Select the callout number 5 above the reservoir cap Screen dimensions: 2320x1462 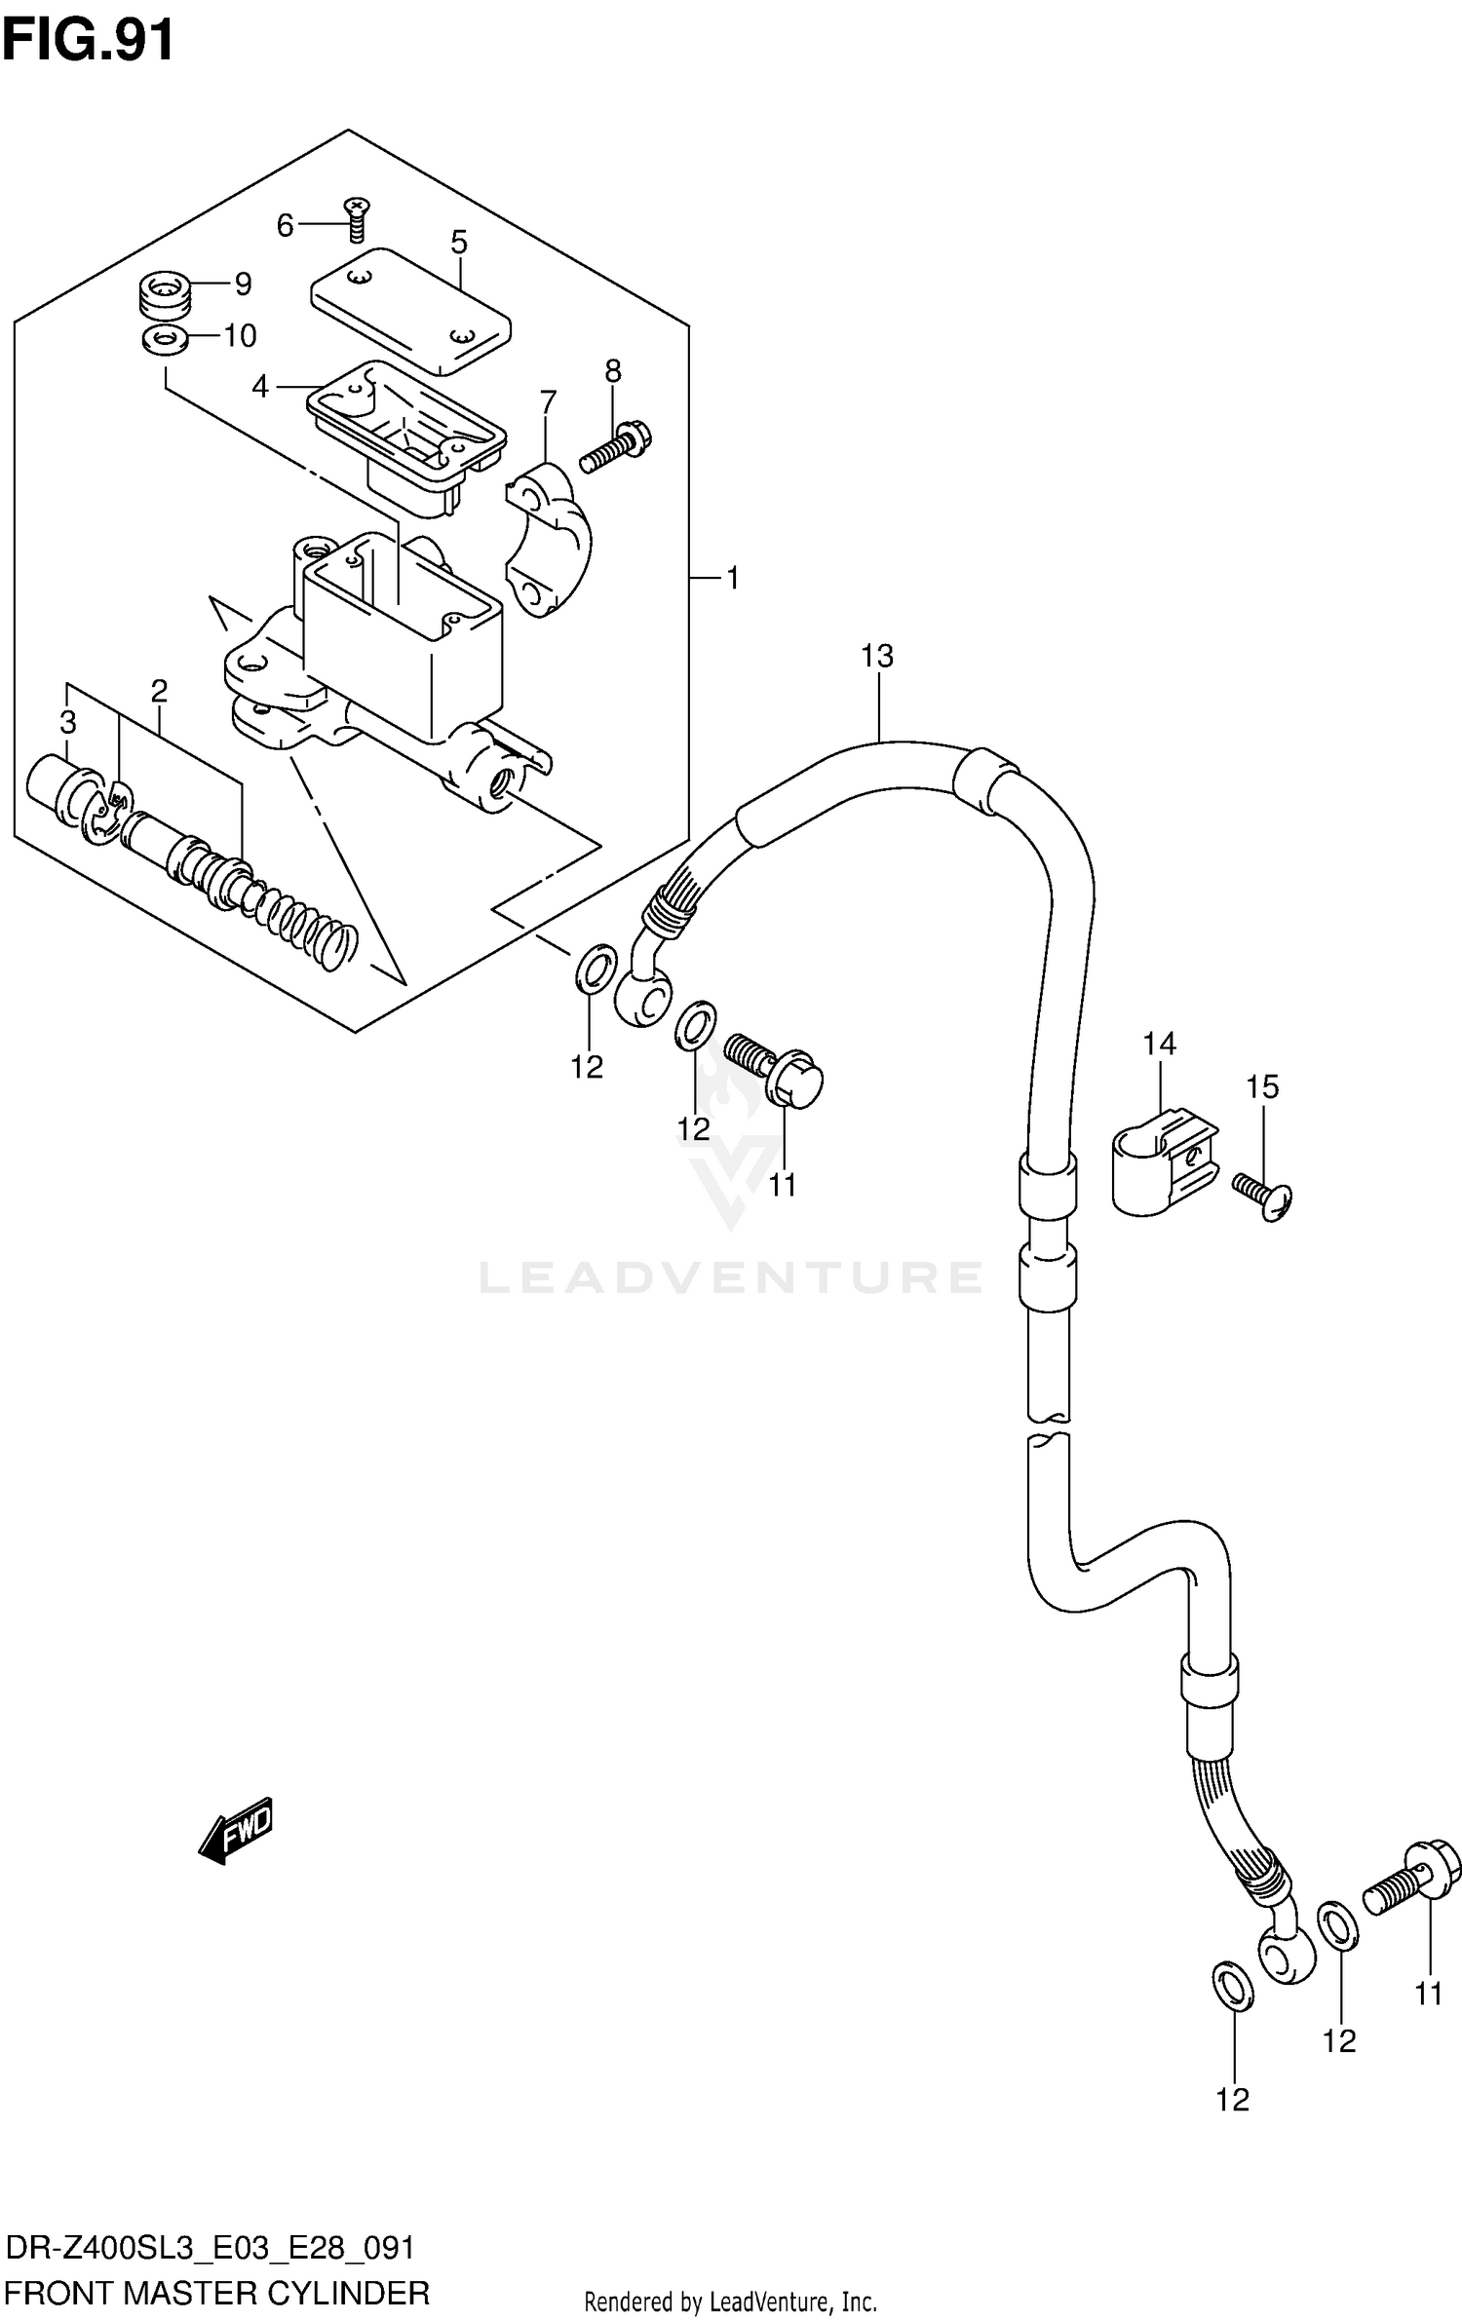(459, 242)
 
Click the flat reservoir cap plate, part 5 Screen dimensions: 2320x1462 (409, 310)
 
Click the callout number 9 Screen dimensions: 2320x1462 (243, 284)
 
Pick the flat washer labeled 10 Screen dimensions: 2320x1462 (165, 340)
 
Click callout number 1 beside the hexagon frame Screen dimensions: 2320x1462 (732, 579)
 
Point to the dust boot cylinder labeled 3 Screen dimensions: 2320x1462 (60, 786)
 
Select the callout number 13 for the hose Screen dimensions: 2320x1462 (876, 656)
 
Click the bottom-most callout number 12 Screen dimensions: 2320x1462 (1232, 2100)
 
